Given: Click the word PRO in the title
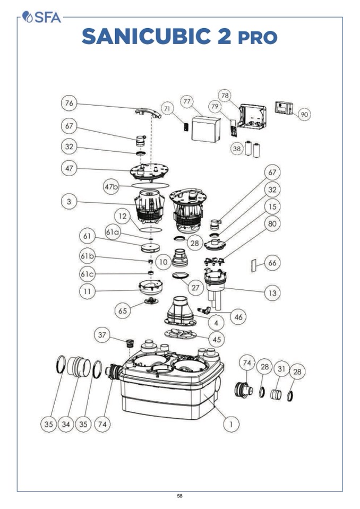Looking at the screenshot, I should [257, 38].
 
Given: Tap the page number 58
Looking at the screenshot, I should [180, 496].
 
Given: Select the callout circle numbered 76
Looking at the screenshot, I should [69, 103].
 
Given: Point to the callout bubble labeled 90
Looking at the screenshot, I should [304, 115].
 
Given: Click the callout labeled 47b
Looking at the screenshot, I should [111, 187].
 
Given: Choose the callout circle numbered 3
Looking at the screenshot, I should [69, 201].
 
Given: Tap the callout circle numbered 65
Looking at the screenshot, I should [123, 310].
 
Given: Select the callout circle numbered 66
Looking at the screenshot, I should [272, 263].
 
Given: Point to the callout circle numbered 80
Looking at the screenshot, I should [272, 224].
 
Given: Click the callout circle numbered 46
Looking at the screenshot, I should [238, 317].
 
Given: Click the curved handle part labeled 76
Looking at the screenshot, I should [148, 112].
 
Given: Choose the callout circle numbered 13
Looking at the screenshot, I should [272, 292].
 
